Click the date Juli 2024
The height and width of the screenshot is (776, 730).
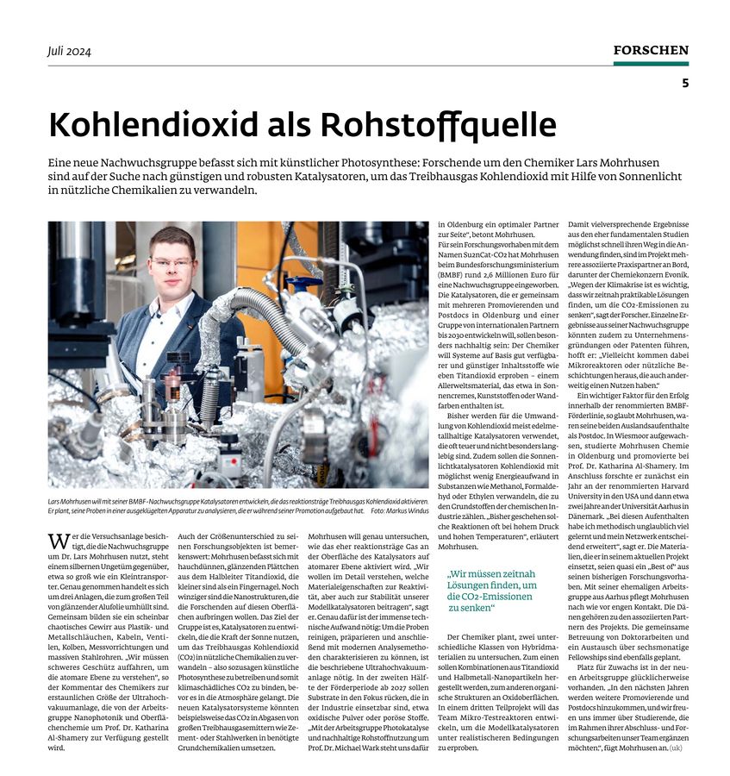[x=70, y=51]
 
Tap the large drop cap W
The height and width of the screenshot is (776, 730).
[x=58, y=541]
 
